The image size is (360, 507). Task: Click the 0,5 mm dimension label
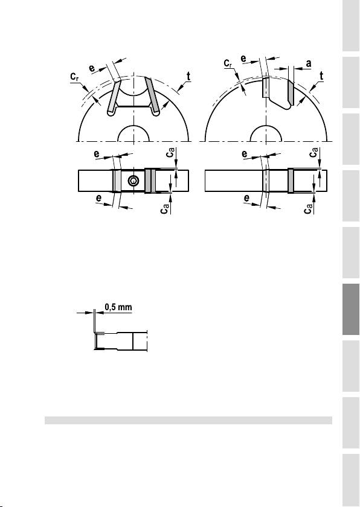pos(119,307)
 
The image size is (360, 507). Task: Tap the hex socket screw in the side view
pos(133,181)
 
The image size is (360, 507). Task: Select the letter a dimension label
pos(309,64)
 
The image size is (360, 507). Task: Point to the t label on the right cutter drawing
pos(321,76)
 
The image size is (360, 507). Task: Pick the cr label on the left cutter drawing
pos(75,77)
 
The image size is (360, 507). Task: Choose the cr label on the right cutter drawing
pos(228,63)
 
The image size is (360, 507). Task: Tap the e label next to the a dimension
pos(243,59)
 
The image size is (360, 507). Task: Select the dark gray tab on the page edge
pos(350,309)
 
